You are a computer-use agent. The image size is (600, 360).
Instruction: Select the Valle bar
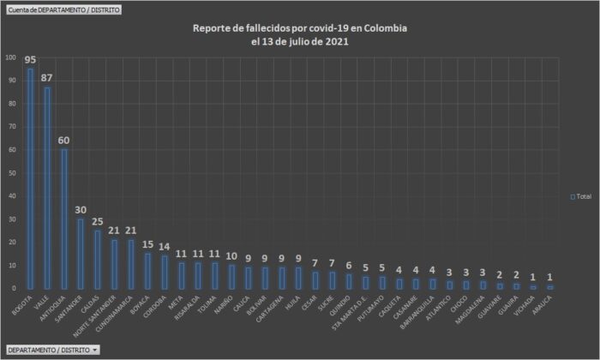[46, 188]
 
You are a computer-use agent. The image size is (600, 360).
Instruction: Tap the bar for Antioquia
[63, 219]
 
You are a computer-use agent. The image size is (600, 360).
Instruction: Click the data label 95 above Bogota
[31, 60]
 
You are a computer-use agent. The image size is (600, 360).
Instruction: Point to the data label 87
[46, 78]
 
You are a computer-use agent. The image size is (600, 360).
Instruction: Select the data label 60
[63, 140]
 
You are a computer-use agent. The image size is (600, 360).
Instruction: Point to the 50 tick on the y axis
[12, 173]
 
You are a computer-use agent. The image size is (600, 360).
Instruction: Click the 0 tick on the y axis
[15, 289]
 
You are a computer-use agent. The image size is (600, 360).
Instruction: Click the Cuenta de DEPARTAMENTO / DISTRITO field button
[63, 9]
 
